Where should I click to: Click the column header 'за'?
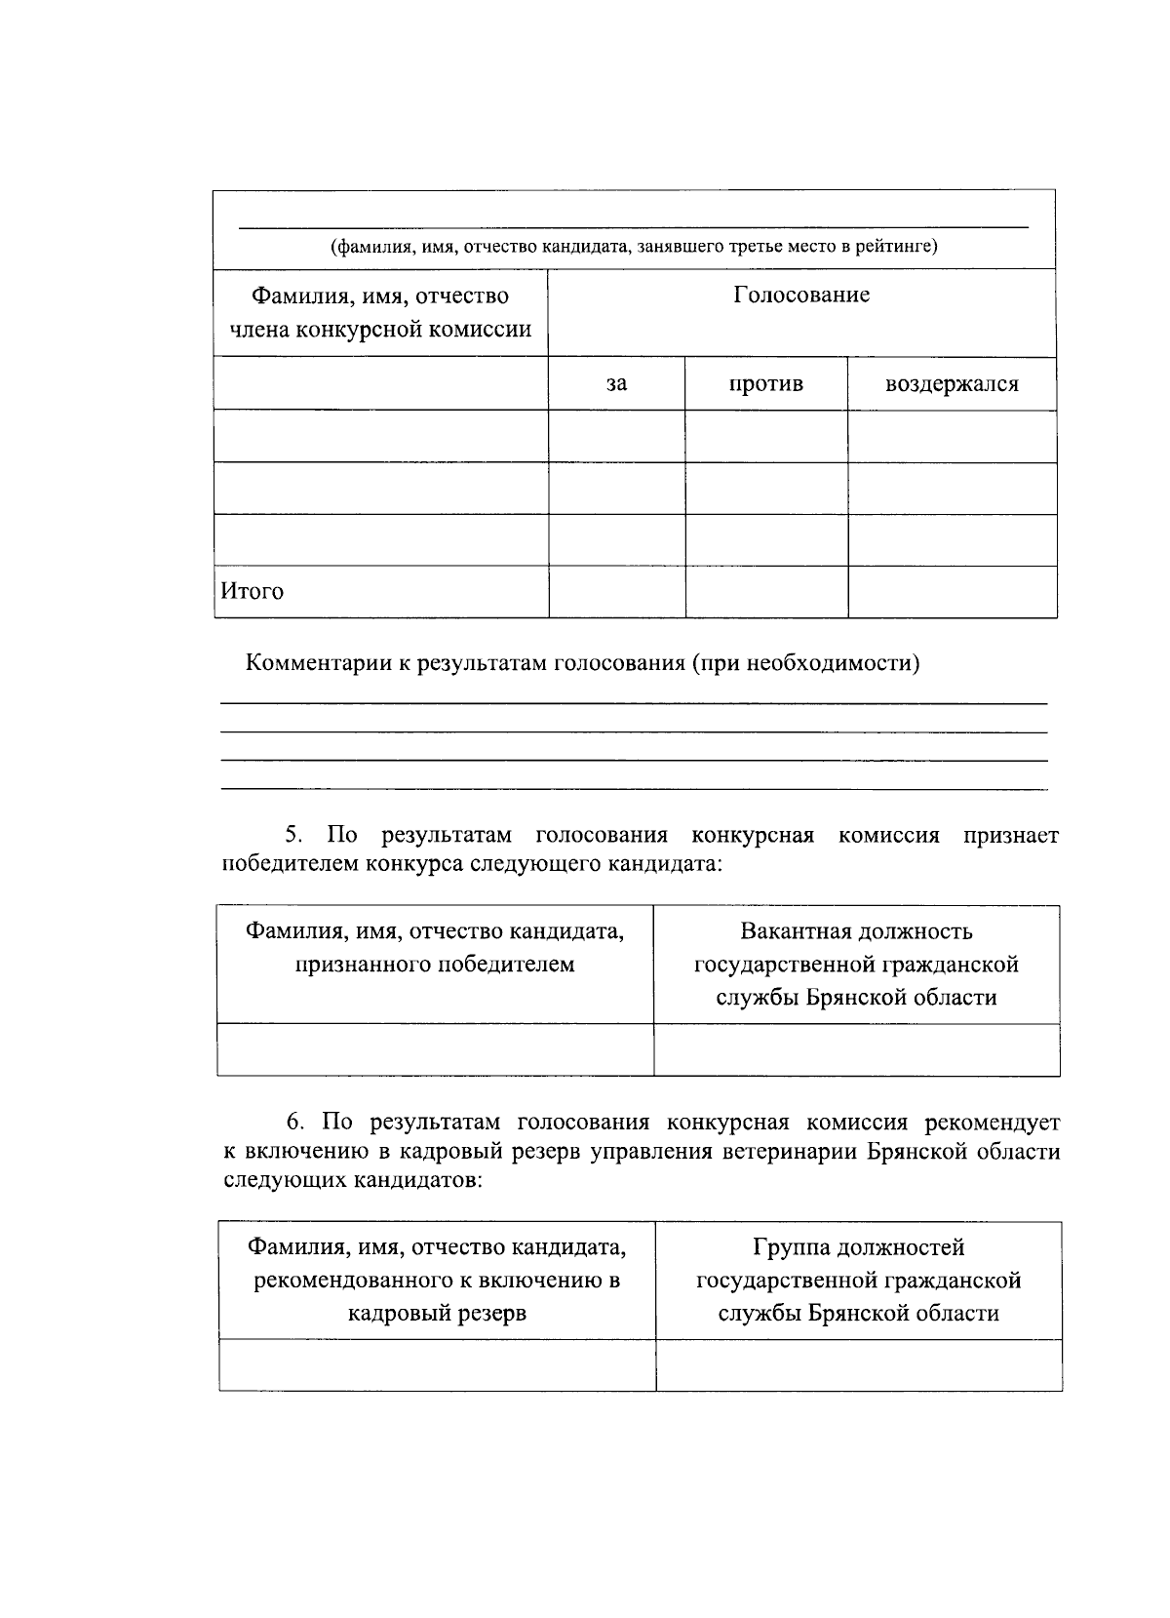tap(616, 383)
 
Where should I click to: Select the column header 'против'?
tap(765, 383)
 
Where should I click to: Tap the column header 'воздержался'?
tap(951, 383)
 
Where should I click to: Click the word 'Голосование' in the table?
tap(801, 295)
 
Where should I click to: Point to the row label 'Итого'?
tap(253, 591)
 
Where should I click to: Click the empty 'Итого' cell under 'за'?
tap(616, 591)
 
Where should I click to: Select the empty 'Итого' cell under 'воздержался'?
tap(952, 591)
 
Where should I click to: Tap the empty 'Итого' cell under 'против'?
tap(765, 591)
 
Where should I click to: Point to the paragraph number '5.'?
tap(294, 835)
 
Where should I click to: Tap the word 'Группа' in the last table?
tap(790, 1246)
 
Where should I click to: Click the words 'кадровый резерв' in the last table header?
tap(437, 1313)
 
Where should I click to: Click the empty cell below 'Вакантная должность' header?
tap(856, 1049)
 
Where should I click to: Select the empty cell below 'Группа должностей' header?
tap(858, 1364)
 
